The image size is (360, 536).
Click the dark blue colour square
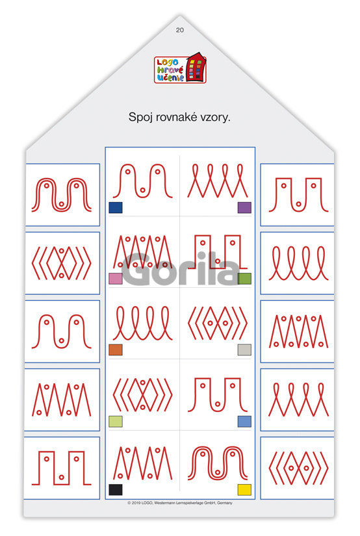tap(116, 207)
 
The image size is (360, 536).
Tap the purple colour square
tap(244, 207)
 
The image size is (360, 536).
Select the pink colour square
tap(116, 279)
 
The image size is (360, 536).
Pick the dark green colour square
tap(244, 279)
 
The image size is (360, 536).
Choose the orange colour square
tap(116, 350)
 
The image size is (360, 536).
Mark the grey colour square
tap(244, 350)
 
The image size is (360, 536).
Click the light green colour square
tap(116, 422)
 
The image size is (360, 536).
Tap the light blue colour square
tap(244, 422)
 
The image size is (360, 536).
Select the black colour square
tap(116, 489)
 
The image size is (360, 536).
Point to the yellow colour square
tap(244, 489)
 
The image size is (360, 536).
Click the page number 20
tap(180, 30)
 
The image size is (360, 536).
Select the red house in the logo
tap(197, 67)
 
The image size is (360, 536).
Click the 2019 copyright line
tap(180, 503)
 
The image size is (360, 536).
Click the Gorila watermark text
tap(180, 269)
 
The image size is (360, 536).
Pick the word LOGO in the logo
tap(168, 62)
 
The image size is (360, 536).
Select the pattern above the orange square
tap(143, 323)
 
